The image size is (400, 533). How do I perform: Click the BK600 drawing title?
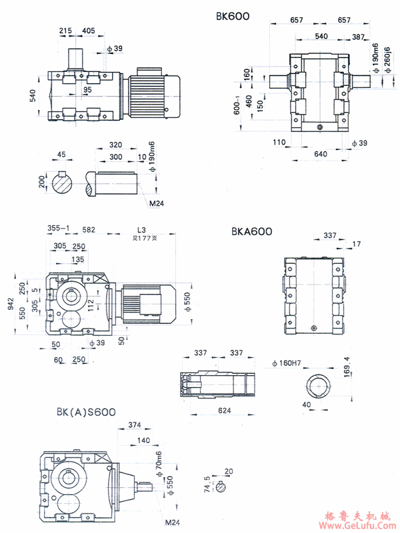click(x=233, y=15)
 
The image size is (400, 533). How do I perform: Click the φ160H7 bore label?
click(x=289, y=363)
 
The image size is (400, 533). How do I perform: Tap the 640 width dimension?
click(x=320, y=154)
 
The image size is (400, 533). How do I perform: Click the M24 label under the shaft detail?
click(x=157, y=203)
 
